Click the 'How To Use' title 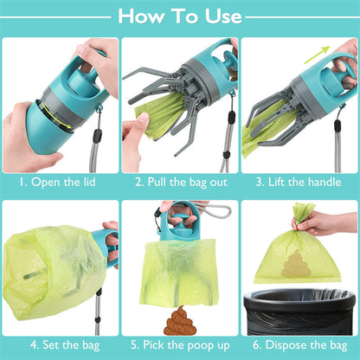click(x=180, y=16)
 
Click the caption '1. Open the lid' click(x=59, y=183)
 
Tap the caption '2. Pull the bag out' click(x=179, y=183)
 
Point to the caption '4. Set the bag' click(x=59, y=344)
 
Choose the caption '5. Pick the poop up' click(x=179, y=344)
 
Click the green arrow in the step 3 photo click(x=319, y=53)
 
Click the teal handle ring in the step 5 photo click(x=182, y=218)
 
